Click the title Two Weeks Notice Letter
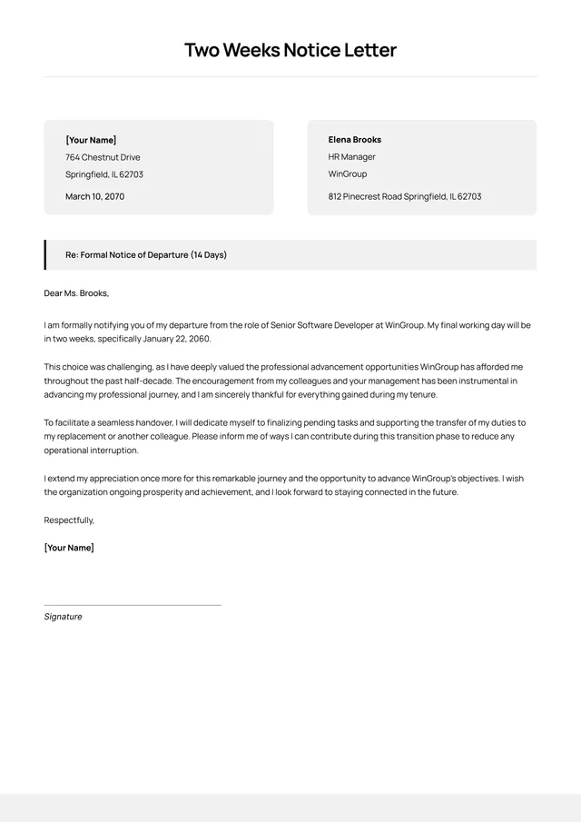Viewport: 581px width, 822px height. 290,50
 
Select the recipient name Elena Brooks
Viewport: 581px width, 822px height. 354,140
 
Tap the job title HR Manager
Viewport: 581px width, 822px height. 351,157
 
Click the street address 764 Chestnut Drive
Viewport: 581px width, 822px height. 103,157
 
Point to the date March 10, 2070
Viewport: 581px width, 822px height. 94,196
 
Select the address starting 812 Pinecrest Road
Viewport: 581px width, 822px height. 404,196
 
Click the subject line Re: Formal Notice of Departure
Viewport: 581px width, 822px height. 145,255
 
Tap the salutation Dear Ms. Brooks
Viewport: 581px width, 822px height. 76,293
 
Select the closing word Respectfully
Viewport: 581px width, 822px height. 69,520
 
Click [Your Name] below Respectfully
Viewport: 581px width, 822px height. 69,548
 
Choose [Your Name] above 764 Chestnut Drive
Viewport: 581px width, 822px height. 91,140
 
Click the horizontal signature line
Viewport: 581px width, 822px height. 133,605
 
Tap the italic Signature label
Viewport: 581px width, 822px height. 63,617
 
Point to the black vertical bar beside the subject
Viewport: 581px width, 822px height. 45,255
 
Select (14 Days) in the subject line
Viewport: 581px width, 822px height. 208,255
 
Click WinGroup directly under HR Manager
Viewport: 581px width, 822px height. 347,173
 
